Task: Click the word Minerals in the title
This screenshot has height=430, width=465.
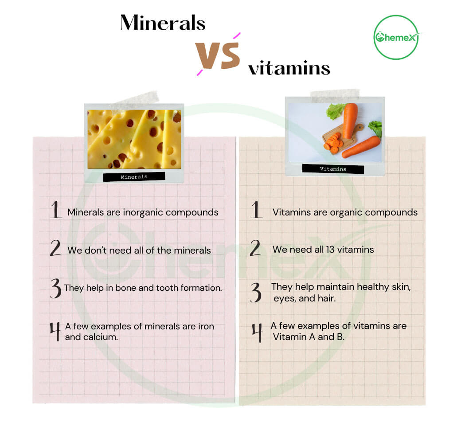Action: coord(163,23)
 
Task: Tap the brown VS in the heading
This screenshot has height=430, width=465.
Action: coord(217,55)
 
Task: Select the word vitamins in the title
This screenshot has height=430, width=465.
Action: coord(289,68)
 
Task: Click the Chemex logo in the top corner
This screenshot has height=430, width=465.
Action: coord(396,37)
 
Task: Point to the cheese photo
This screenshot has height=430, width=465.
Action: coord(134,139)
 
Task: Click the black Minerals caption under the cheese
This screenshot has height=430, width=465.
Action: coord(134,177)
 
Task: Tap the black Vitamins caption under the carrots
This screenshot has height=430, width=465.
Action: coord(333,169)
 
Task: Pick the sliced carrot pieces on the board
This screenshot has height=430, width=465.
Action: coord(333,143)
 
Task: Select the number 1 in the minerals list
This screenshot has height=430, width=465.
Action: coord(55,210)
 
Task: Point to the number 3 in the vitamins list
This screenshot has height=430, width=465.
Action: coord(256,293)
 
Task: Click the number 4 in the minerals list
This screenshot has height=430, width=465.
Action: coord(55,332)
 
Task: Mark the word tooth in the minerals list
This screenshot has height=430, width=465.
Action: coord(167,288)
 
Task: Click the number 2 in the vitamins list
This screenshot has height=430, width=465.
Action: coord(255,248)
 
